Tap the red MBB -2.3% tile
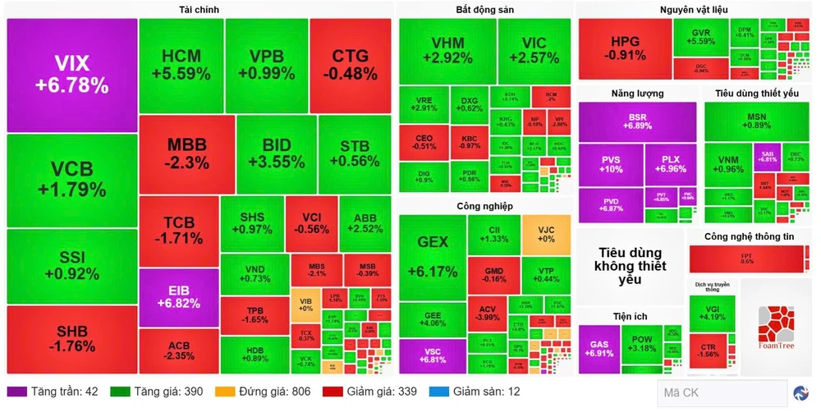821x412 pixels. coord(186,153)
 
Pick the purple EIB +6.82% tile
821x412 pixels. coord(178,296)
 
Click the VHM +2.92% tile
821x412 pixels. coord(447,50)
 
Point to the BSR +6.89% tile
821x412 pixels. coord(637,121)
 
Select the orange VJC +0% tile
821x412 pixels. coord(546,234)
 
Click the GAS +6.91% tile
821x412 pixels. coord(599,348)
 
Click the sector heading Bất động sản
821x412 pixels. coord(484,9)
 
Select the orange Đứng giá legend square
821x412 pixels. coord(223,391)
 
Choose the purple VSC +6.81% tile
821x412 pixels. coord(431,355)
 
